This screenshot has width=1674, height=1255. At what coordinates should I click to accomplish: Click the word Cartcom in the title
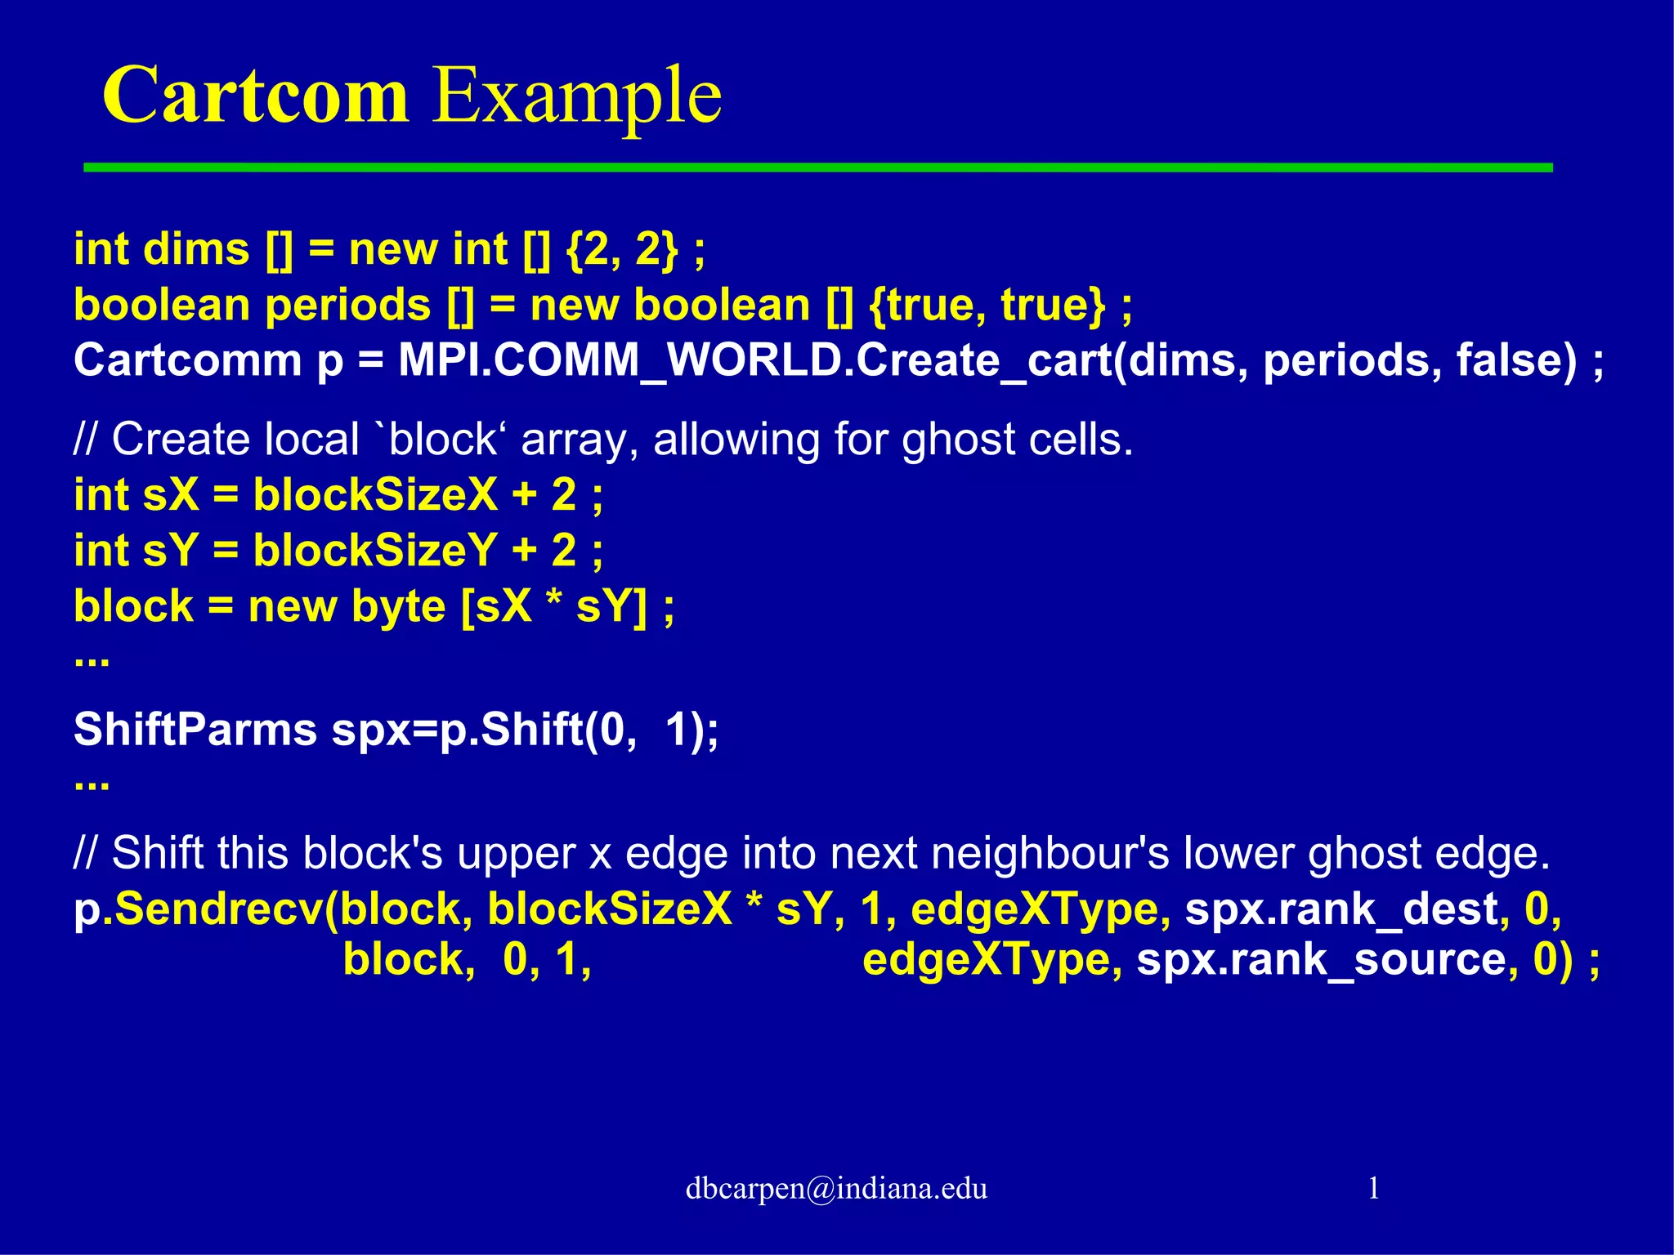(255, 96)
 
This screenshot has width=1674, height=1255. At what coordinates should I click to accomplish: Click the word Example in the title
(576, 96)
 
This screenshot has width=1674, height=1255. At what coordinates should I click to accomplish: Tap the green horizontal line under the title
(817, 167)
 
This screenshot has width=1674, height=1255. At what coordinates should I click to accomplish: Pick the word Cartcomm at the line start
(187, 360)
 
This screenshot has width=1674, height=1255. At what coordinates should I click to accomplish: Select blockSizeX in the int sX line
(375, 495)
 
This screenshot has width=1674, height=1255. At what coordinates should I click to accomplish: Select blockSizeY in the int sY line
(375, 551)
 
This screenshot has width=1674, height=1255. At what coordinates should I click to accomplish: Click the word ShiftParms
(195, 729)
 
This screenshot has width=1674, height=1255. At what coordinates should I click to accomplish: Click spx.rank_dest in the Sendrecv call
(1341, 909)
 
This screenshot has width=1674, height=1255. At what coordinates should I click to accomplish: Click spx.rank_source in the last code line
(1321, 959)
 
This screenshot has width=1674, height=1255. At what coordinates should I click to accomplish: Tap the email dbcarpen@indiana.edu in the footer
(836, 1188)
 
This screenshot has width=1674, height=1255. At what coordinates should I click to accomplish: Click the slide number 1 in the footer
(1373, 1188)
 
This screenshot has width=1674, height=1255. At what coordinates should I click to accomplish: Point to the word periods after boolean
(348, 305)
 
